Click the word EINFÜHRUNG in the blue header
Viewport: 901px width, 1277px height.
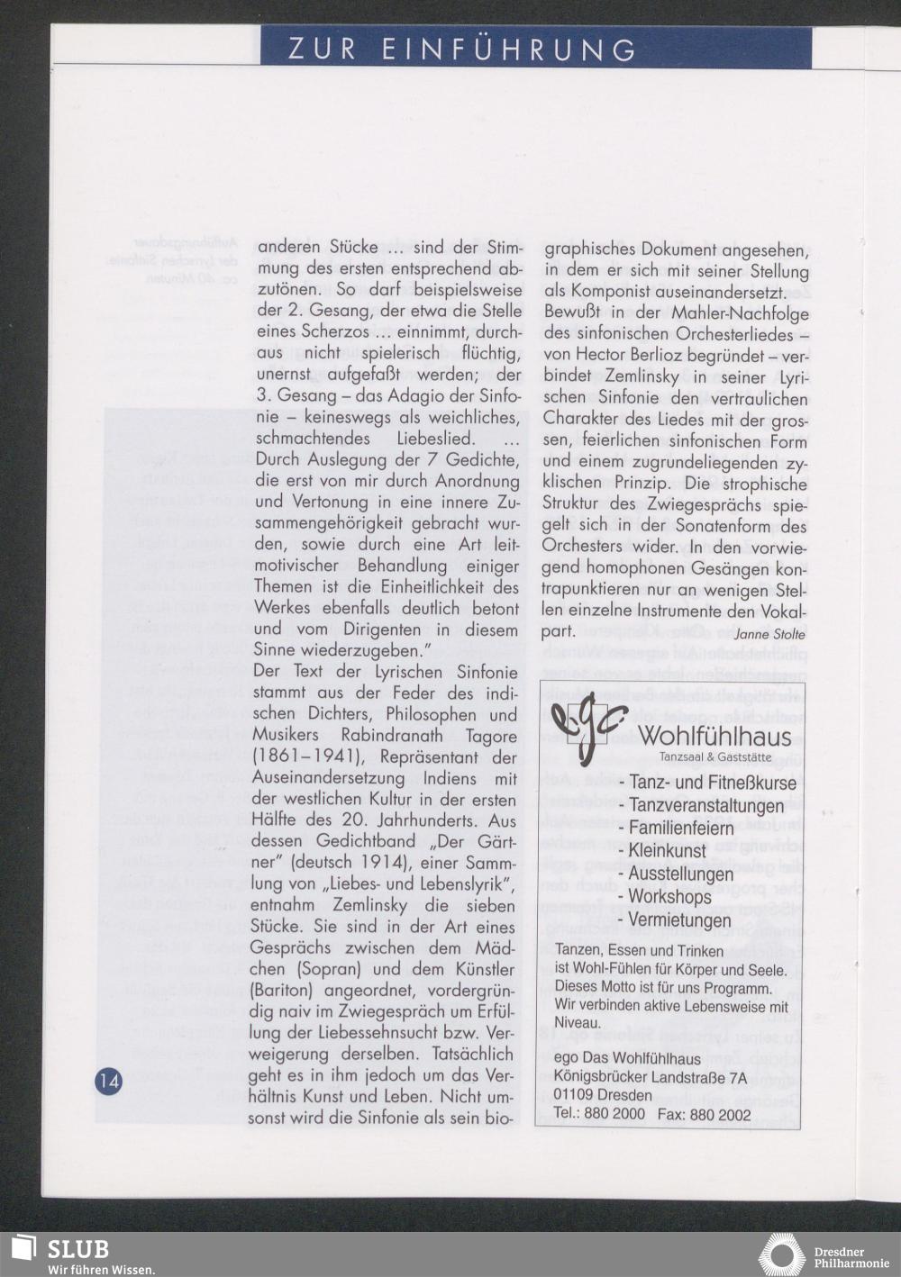pos(509,50)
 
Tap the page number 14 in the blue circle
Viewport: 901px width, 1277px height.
pos(109,1081)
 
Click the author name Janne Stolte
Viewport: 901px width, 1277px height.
pos(770,634)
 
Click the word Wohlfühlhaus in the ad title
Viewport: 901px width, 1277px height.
pos(715,737)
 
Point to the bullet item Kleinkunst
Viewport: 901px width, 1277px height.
pos(668,850)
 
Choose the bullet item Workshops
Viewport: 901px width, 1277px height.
pos(669,897)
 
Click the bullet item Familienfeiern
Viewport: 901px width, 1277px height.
pos(680,827)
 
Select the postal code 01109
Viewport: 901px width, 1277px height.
pos(577,1095)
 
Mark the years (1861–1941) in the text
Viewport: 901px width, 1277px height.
pos(307,757)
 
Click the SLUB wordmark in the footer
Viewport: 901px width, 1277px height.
pos(78,1249)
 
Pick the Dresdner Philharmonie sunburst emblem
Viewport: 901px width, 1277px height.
pos(780,1254)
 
